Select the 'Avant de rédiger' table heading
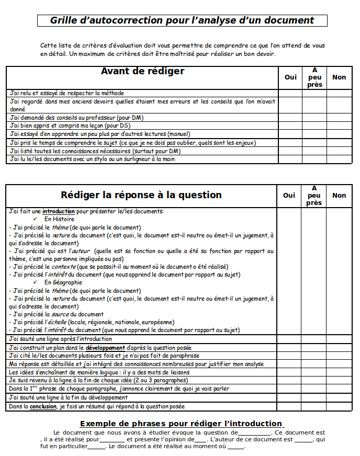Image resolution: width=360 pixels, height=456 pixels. tap(142, 71)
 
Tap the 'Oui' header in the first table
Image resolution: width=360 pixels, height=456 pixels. tap(290, 77)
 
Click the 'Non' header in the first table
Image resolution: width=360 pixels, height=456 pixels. tap(339, 77)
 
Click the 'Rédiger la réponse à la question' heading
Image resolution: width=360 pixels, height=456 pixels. tap(141, 195)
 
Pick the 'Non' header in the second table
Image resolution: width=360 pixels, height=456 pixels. tap(339, 195)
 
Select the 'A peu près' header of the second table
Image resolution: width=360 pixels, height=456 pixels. tap(314, 195)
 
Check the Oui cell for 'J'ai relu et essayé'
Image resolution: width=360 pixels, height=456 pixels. tap(290, 93)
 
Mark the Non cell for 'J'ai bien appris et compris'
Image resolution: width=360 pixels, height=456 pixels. tap(339, 126)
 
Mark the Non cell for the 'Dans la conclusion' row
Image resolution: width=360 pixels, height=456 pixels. tap(339, 406)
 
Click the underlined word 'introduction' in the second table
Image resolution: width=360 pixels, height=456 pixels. tap(59, 211)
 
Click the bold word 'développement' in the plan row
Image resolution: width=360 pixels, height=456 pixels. tap(105, 347)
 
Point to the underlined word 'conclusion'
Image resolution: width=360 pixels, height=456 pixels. tap(43, 406)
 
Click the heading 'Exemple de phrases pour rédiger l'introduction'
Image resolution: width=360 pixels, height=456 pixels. tap(181, 424)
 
